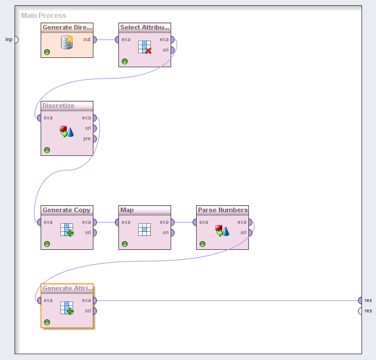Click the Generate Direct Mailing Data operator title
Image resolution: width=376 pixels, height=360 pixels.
point(67,27)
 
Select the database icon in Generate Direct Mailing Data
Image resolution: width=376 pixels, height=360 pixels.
point(67,42)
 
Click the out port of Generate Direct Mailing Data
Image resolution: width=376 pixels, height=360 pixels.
point(95,39)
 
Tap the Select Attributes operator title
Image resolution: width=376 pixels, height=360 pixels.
point(144,27)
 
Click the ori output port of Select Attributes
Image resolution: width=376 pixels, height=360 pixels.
point(172,50)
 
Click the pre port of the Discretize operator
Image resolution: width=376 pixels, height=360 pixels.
point(95,139)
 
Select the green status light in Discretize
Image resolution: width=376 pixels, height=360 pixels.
point(47,150)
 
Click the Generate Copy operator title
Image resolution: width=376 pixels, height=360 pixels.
point(67,210)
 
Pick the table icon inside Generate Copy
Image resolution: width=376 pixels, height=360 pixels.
point(67,230)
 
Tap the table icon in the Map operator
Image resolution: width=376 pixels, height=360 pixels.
point(144,230)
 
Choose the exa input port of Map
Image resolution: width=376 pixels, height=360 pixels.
point(117,222)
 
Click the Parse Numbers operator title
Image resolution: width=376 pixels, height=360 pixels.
point(222,210)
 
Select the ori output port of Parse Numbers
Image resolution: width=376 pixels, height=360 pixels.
point(250,232)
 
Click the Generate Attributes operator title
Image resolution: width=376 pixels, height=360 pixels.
point(67,288)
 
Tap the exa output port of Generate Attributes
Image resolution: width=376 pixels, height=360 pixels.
point(95,300)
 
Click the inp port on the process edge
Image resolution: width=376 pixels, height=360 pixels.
point(16,39)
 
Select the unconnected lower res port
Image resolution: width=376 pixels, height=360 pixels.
point(360,311)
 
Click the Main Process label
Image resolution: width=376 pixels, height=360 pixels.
point(44,16)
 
